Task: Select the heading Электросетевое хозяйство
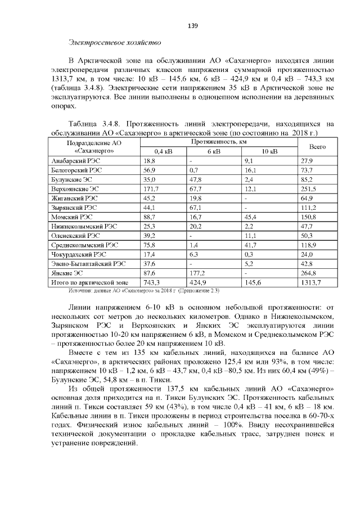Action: pos(115,42)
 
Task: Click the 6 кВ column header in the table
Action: pos(213,151)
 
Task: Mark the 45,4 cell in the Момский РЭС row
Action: pos(250,216)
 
